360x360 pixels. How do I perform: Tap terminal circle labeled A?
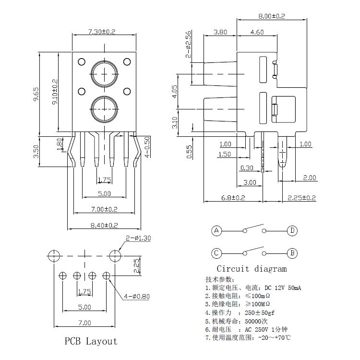click(217, 231)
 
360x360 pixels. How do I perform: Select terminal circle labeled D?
click(292, 231)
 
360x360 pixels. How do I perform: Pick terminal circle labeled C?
click(217, 253)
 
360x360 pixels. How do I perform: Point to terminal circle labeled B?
click(292, 253)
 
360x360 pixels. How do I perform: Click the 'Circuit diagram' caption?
click(251, 269)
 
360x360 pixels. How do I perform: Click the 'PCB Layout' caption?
click(91, 341)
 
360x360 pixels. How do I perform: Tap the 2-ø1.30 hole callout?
click(138, 238)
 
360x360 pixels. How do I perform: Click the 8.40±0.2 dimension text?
click(104, 225)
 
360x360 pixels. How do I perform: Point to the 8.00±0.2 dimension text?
click(271, 16)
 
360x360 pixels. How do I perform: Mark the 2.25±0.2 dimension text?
click(301, 197)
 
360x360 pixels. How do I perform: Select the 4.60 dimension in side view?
click(257, 33)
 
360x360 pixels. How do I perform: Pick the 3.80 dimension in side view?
click(220, 33)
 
